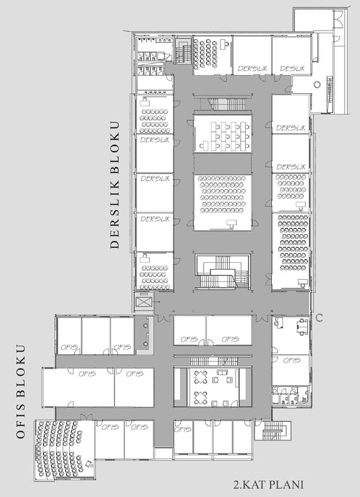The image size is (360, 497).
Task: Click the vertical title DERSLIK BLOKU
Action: pyautogui.click(x=115, y=185)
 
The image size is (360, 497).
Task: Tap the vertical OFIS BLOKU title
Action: pyautogui.click(x=20, y=392)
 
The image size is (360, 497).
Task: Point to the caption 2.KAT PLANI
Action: pyautogui.click(x=269, y=485)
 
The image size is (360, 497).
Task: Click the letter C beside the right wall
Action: pyautogui.click(x=320, y=317)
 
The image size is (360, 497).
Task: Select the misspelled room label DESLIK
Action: pyautogui.click(x=292, y=68)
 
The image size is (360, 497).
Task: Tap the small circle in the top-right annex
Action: pyautogui.click(x=317, y=84)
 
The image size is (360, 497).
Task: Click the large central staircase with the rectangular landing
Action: pyautogui.click(x=223, y=272)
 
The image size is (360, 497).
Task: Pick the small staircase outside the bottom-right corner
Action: pyautogui.click(x=273, y=431)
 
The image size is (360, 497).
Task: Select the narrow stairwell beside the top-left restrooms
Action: pyautogui.click(x=183, y=51)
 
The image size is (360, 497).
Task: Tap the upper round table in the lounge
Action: pyautogui.click(x=200, y=377)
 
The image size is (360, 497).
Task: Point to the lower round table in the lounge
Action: pyautogui.click(x=200, y=398)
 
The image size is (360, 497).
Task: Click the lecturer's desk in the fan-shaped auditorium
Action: pyautogui.click(x=89, y=463)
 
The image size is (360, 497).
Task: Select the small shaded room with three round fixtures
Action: pyautogui.click(x=145, y=335)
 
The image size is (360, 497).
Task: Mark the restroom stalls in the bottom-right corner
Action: pyautogui.click(x=290, y=395)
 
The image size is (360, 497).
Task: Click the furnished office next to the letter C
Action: pyautogui.click(x=290, y=335)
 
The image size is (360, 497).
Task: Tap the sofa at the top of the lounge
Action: pyautogui.click(x=223, y=371)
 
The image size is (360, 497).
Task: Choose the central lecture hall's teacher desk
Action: pyautogui.click(x=232, y=224)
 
